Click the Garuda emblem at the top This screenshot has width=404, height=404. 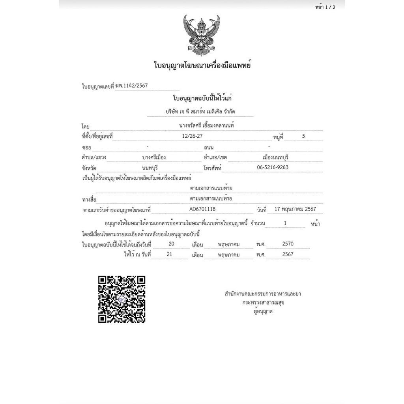(202, 36)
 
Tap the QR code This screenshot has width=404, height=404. (122, 299)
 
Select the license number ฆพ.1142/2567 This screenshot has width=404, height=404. (131, 86)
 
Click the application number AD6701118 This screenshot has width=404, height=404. (202, 209)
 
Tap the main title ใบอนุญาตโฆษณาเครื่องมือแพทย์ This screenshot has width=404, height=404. (202, 65)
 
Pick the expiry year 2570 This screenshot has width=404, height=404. (288, 244)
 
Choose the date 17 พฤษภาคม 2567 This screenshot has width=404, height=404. (296, 209)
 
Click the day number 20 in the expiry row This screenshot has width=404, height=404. (171, 244)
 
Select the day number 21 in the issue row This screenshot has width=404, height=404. (170, 254)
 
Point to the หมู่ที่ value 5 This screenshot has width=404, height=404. (303, 136)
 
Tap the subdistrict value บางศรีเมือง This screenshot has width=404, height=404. (154, 157)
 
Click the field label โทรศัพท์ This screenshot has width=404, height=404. (213, 168)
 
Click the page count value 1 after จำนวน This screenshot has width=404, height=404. (285, 223)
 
